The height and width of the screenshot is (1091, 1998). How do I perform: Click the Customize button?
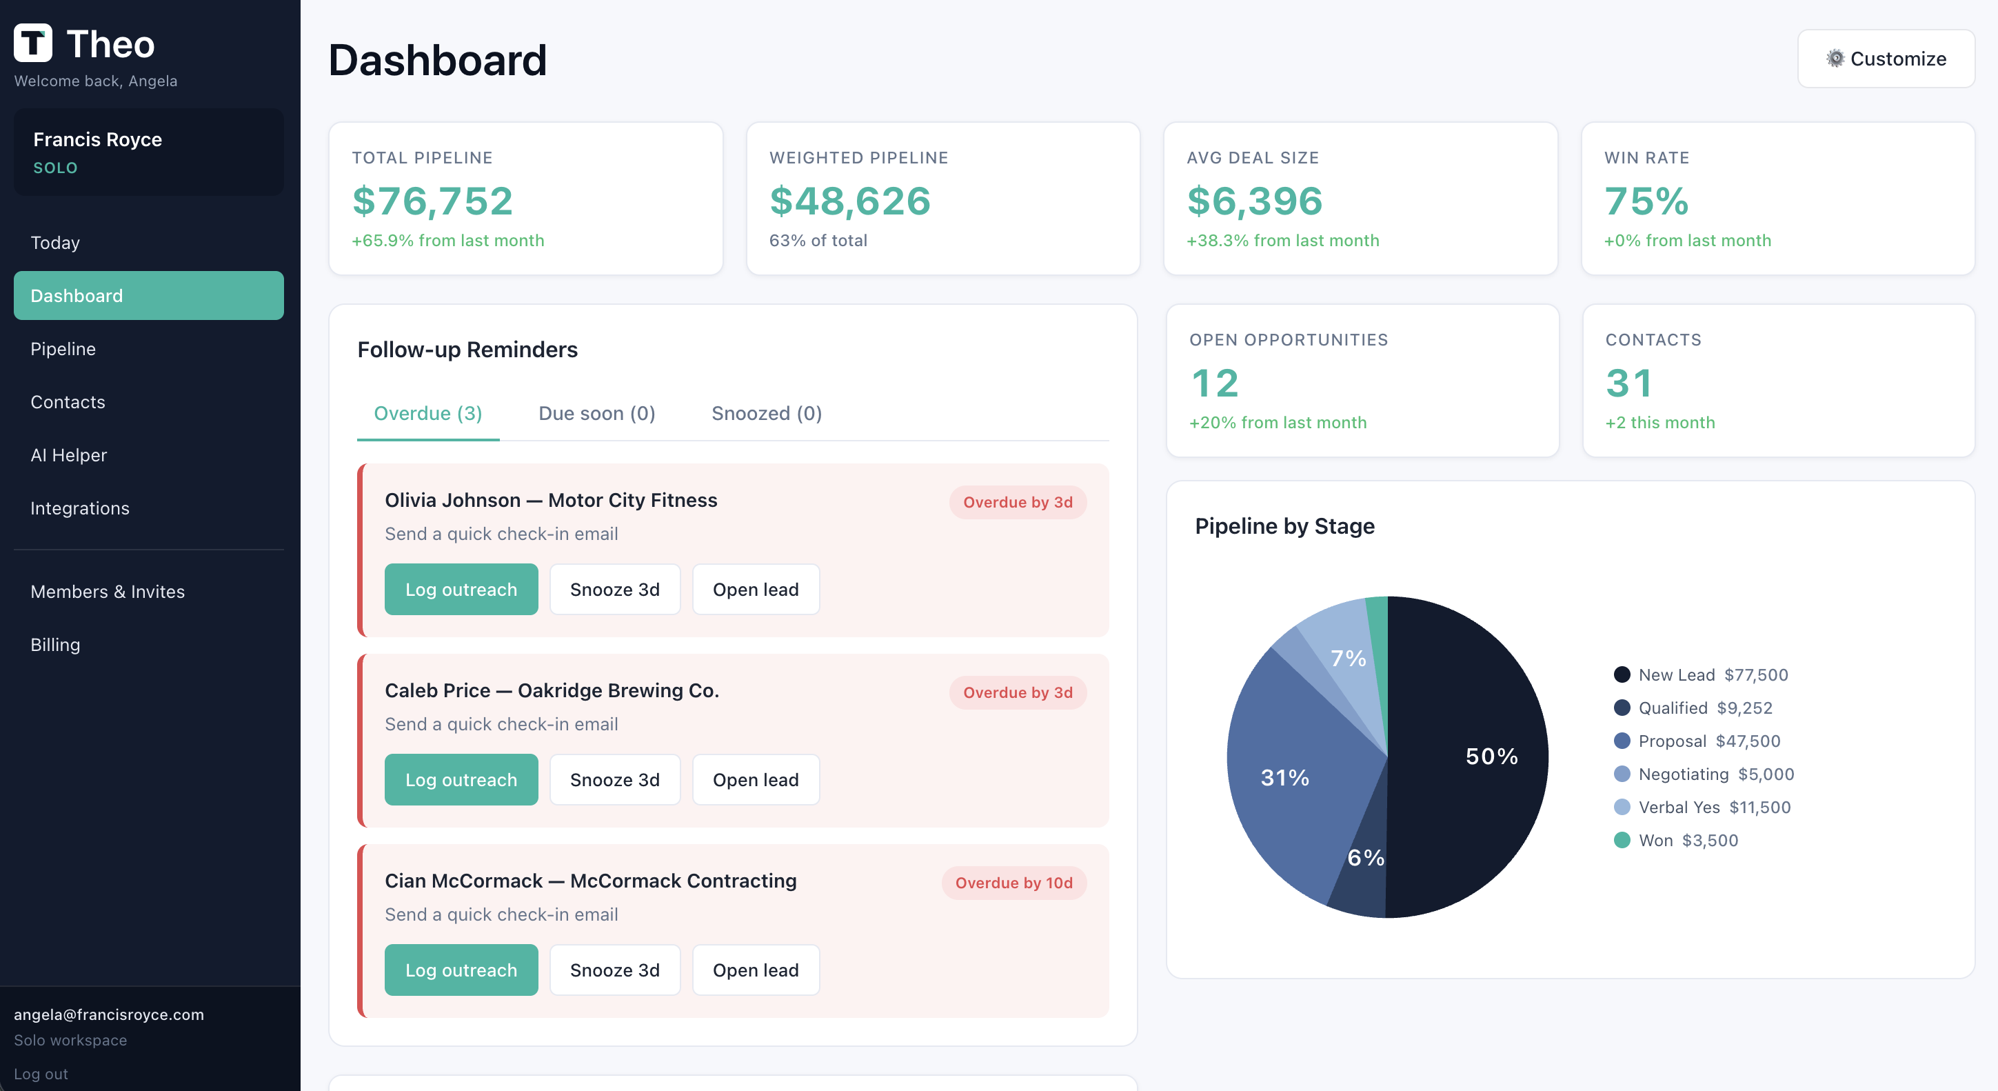pos(1886,59)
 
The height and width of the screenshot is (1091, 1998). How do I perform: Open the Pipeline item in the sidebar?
pos(63,349)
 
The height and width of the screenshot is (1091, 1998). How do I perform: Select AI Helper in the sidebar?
pos(68,455)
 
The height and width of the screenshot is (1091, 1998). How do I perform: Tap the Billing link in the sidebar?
pos(55,645)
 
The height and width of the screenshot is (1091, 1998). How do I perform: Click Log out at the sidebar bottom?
pos(41,1074)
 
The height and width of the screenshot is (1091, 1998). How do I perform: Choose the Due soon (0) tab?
pos(596,414)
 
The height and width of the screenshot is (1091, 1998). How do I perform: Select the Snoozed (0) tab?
pos(767,414)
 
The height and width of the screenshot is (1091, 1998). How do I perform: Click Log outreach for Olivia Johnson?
pos(461,590)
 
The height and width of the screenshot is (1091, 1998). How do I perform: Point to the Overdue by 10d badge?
pos(1013,883)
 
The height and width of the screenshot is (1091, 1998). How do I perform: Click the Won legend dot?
pos(1622,841)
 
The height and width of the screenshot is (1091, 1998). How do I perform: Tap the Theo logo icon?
pos(33,43)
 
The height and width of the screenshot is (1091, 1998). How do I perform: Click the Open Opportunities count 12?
pos(1215,383)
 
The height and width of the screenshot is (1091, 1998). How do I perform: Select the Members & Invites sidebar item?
pos(108,592)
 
